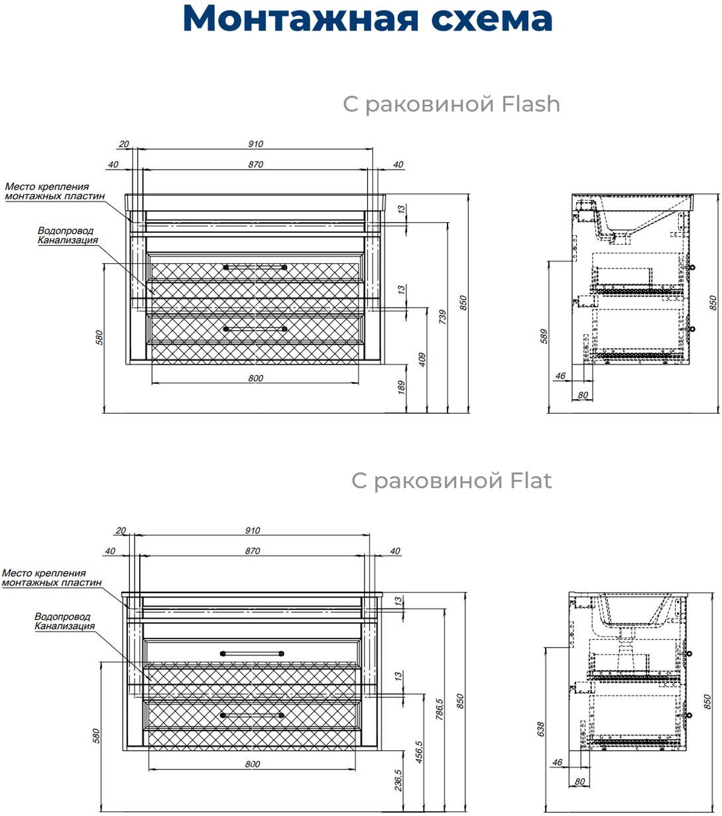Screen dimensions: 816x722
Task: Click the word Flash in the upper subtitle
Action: pyautogui.click(x=530, y=104)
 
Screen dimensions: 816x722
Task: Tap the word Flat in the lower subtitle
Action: pyautogui.click(x=530, y=480)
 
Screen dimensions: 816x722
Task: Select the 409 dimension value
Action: pyautogui.click(x=422, y=359)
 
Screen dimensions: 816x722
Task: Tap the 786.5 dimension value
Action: pyautogui.click(x=438, y=709)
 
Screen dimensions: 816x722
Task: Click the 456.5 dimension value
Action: pyautogui.click(x=418, y=753)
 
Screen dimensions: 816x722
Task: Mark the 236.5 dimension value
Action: pyautogui.click(x=398, y=781)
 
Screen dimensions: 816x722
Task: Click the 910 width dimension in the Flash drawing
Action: pyautogui.click(x=256, y=144)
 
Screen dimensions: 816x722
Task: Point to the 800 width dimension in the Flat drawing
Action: pyautogui.click(x=252, y=764)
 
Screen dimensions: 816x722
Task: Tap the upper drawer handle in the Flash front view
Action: pyautogui.click(x=255, y=267)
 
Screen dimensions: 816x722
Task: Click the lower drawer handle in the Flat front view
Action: pyautogui.click(x=252, y=715)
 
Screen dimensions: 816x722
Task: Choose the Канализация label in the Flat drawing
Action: pyautogui.click(x=64, y=626)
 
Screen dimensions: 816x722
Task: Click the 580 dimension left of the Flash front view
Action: pyautogui.click(x=100, y=338)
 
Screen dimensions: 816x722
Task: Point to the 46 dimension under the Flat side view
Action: pyautogui.click(x=557, y=762)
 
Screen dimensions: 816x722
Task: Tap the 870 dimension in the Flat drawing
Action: pyautogui.click(x=252, y=551)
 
